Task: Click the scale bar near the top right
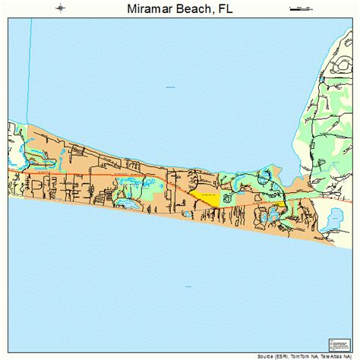301,8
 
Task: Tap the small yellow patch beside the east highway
280,204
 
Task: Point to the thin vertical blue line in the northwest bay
30,68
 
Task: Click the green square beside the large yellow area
225,200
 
